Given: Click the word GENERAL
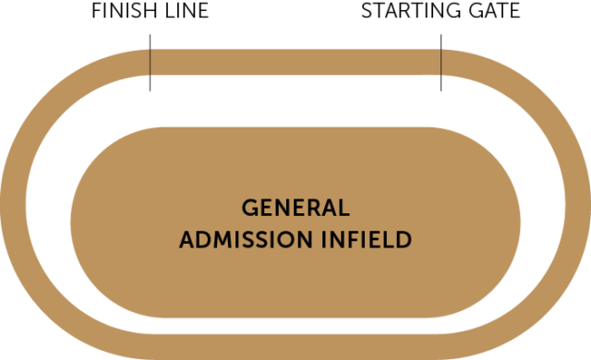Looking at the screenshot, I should (x=295, y=206).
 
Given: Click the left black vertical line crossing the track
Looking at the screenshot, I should (x=150, y=63).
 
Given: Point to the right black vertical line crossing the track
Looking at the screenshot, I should (x=441, y=63).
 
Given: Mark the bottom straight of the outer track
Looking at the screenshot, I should (x=295, y=345).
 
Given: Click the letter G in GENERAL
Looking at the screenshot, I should (x=248, y=206).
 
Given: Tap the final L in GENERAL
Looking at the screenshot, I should (x=344, y=206).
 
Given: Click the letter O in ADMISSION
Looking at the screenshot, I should (x=278, y=240).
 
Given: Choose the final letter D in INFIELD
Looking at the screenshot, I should (x=403, y=240).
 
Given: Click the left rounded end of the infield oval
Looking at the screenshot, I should (x=92, y=222).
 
